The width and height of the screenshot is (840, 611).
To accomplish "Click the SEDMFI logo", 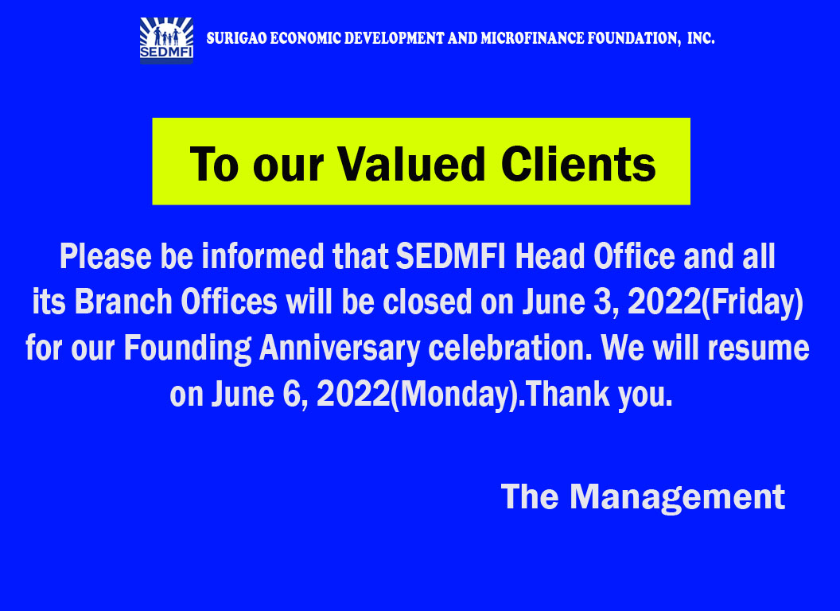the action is (x=166, y=41).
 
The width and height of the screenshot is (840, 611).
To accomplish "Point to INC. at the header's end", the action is (x=701, y=39).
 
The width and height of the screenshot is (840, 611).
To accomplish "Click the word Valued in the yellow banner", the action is (x=411, y=164).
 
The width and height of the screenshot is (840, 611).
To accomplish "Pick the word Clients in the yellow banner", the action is (x=578, y=164).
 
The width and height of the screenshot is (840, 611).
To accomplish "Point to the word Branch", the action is (x=122, y=302).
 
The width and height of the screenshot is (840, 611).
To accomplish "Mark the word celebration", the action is (x=511, y=348).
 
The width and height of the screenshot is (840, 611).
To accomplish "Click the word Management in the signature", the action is (x=677, y=498).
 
